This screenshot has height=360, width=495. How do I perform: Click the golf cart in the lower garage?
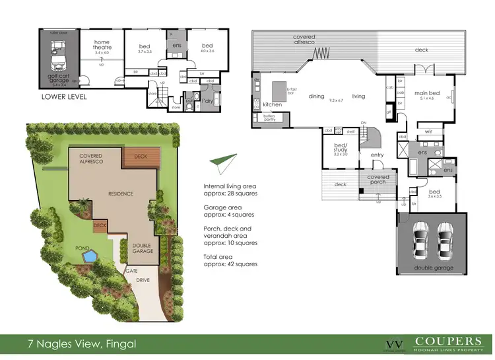[x=55, y=55]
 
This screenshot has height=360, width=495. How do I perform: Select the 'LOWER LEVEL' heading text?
[x=65, y=96]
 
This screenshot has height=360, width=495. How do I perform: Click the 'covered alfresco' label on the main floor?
[x=305, y=40]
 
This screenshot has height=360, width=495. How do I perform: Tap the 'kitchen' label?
[x=273, y=105]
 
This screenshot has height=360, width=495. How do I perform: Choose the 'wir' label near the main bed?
[x=428, y=131]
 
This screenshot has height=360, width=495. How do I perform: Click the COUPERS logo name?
[x=447, y=342]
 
